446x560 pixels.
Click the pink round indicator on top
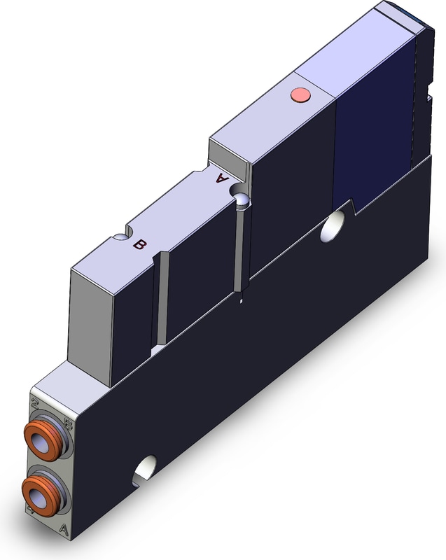pos(300,94)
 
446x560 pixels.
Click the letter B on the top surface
pos(140,244)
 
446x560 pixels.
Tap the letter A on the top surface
pos(223,178)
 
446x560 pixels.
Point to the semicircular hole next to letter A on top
pos(242,199)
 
